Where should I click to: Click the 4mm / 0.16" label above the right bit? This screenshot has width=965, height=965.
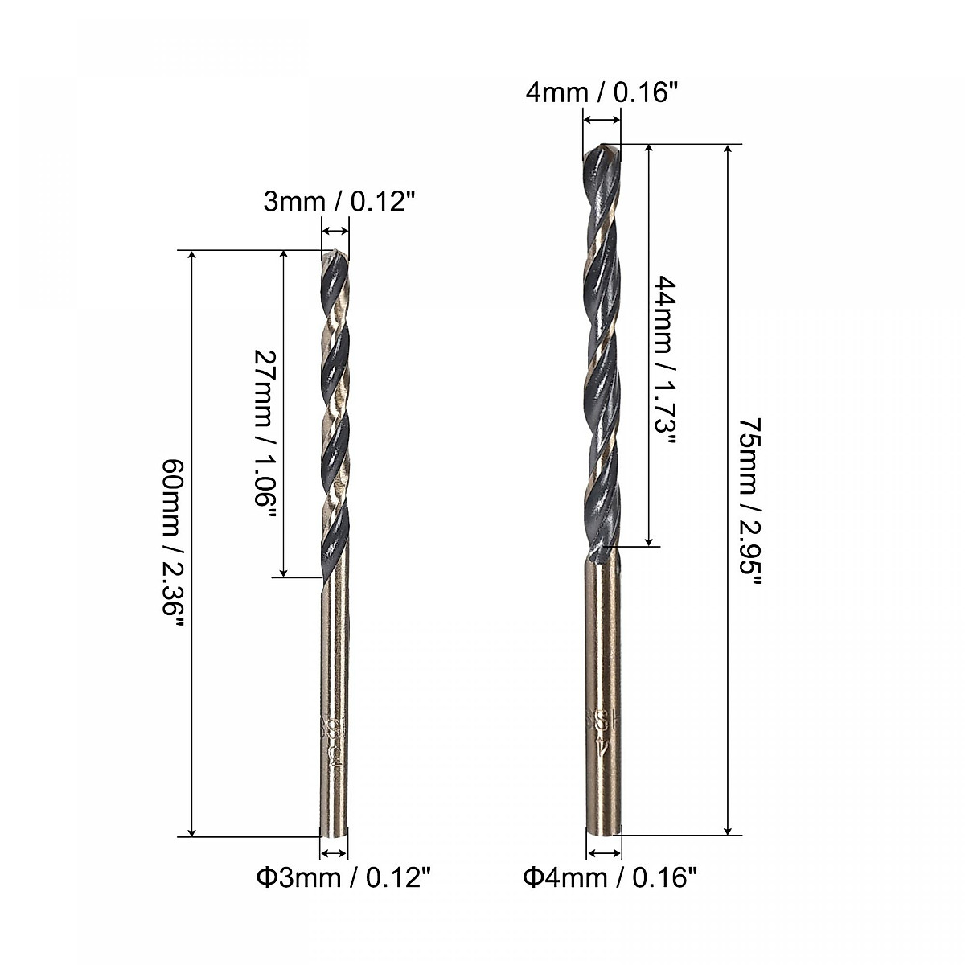(602, 93)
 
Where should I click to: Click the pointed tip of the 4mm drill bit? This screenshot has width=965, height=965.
(603, 147)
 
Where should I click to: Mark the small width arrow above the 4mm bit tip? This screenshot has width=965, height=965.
(602, 121)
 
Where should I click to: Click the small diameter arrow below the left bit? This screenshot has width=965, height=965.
(334, 854)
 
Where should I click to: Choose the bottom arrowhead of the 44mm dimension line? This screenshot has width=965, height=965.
(648, 540)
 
